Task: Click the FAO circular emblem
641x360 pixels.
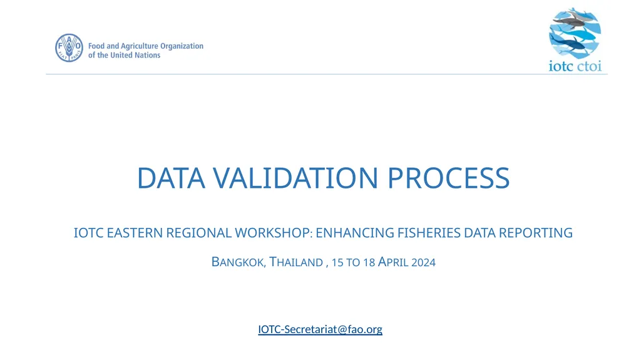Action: pyautogui.click(x=69, y=48)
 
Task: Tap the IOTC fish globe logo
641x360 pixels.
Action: pyautogui.click(x=575, y=33)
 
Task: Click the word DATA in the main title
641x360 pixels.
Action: pyautogui.click(x=171, y=178)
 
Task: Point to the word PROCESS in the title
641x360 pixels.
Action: pyautogui.click(x=448, y=178)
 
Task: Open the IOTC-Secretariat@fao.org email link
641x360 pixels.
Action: pyautogui.click(x=320, y=329)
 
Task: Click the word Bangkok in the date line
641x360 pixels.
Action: pyautogui.click(x=238, y=262)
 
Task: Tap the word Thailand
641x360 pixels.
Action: pyautogui.click(x=296, y=262)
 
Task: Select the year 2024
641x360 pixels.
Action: pyautogui.click(x=424, y=262)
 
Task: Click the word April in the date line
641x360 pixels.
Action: pyautogui.click(x=393, y=262)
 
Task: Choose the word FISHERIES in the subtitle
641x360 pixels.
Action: pyautogui.click(x=429, y=233)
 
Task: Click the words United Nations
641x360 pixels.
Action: pyautogui.click(x=135, y=55)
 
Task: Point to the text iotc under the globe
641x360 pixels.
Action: pyautogui.click(x=560, y=66)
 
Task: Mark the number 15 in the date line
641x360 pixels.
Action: pyautogui.click(x=337, y=262)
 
